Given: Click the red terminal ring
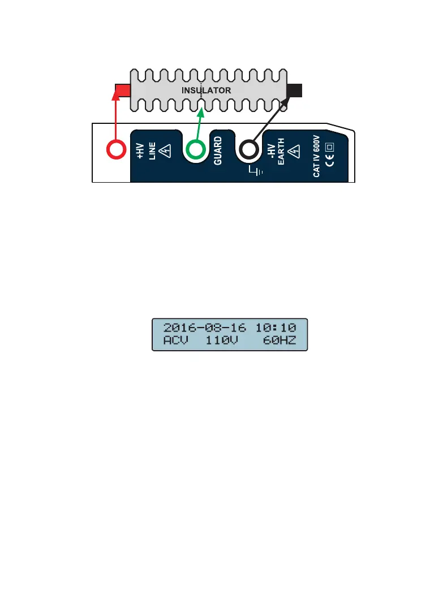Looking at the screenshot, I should [116, 150].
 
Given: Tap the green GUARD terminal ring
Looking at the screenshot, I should [196, 150].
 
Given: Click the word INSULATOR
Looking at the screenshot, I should [207, 90].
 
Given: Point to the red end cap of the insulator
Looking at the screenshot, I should [122, 90].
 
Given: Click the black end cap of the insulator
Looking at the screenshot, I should [295, 90].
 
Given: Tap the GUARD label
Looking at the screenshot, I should [218, 150].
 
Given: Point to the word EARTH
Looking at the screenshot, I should [281, 152].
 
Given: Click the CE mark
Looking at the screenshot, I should [330, 164].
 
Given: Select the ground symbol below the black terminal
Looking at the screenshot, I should [256, 170].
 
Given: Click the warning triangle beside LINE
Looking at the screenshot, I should [166, 150].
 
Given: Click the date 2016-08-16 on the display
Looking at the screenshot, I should [205, 328].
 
